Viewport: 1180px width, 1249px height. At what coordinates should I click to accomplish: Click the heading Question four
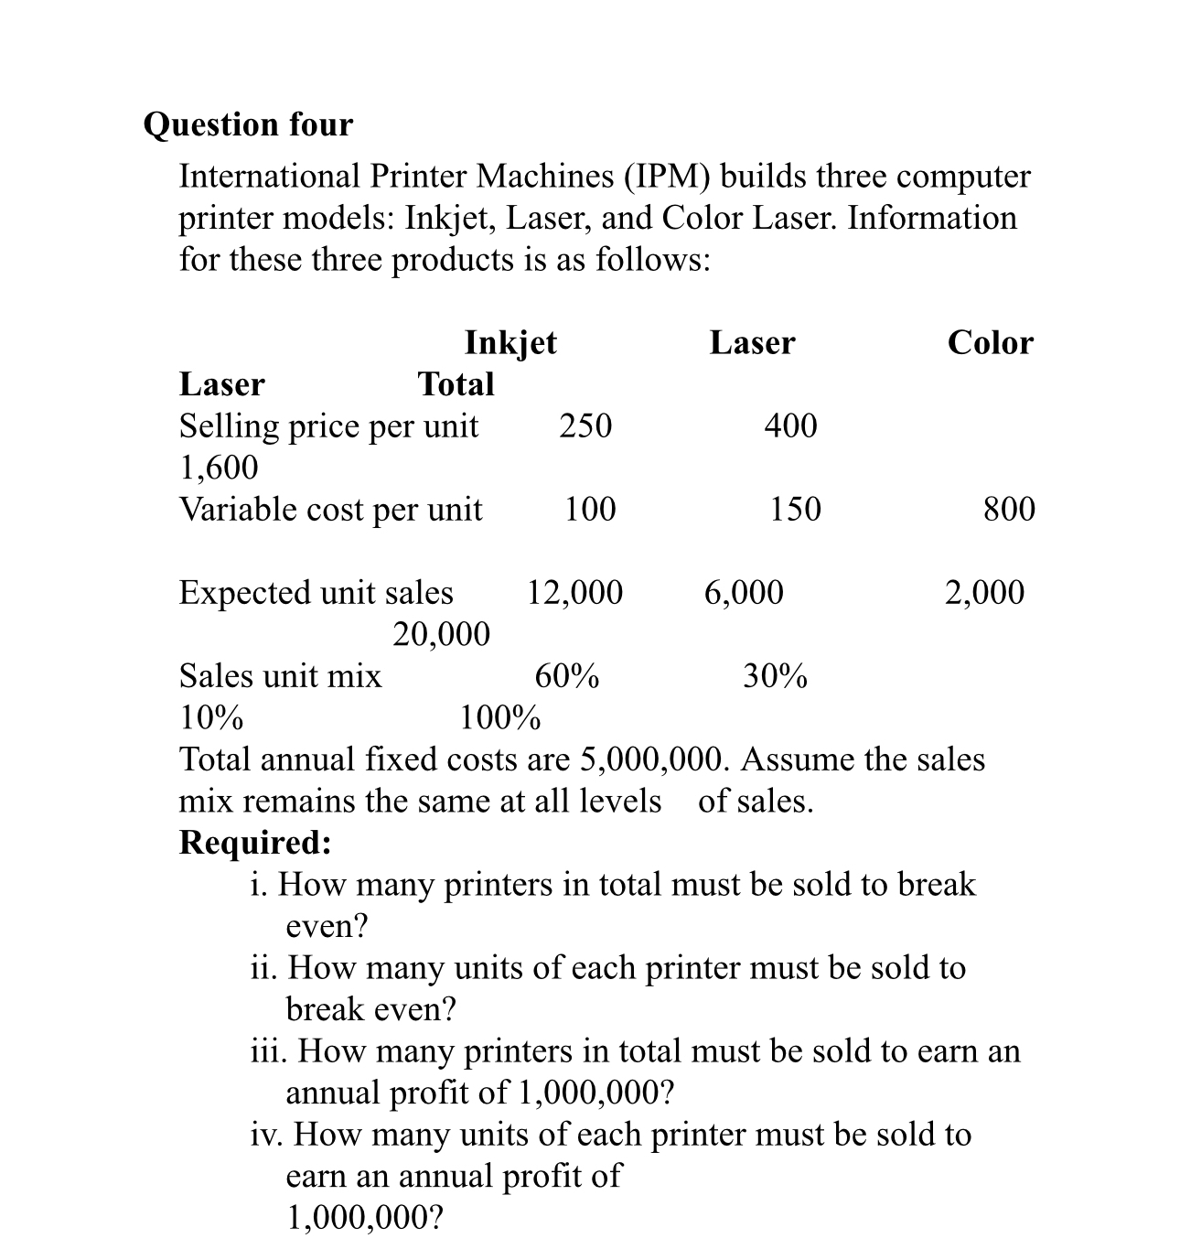tap(248, 124)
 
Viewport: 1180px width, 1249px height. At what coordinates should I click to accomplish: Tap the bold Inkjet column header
tap(510, 343)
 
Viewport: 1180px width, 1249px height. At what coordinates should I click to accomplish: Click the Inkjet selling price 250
tap(585, 425)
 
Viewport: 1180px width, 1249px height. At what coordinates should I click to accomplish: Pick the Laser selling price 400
tap(790, 425)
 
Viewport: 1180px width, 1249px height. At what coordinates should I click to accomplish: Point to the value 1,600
tap(219, 468)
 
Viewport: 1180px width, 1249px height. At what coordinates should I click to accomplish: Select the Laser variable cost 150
tap(795, 509)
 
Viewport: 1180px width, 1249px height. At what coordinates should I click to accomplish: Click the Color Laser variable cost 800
tap(1009, 509)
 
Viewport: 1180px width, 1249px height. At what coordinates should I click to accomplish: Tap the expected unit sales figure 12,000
tap(574, 593)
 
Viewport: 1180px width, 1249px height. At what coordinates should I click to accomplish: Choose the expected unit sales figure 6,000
tap(744, 593)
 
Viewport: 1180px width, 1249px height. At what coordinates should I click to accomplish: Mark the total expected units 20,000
tap(441, 634)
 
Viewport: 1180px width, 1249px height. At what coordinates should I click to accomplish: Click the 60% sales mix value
tap(567, 677)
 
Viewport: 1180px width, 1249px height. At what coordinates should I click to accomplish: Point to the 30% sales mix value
tap(775, 677)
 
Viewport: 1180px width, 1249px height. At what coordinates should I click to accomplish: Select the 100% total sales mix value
tap(499, 718)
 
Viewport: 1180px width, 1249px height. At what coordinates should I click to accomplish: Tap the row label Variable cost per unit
tap(330, 510)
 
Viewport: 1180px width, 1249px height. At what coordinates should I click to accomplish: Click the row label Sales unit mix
tap(280, 677)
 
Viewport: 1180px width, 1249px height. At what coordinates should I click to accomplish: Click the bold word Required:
tap(255, 843)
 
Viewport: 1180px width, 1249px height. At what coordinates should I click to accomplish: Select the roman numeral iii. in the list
tap(270, 1051)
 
